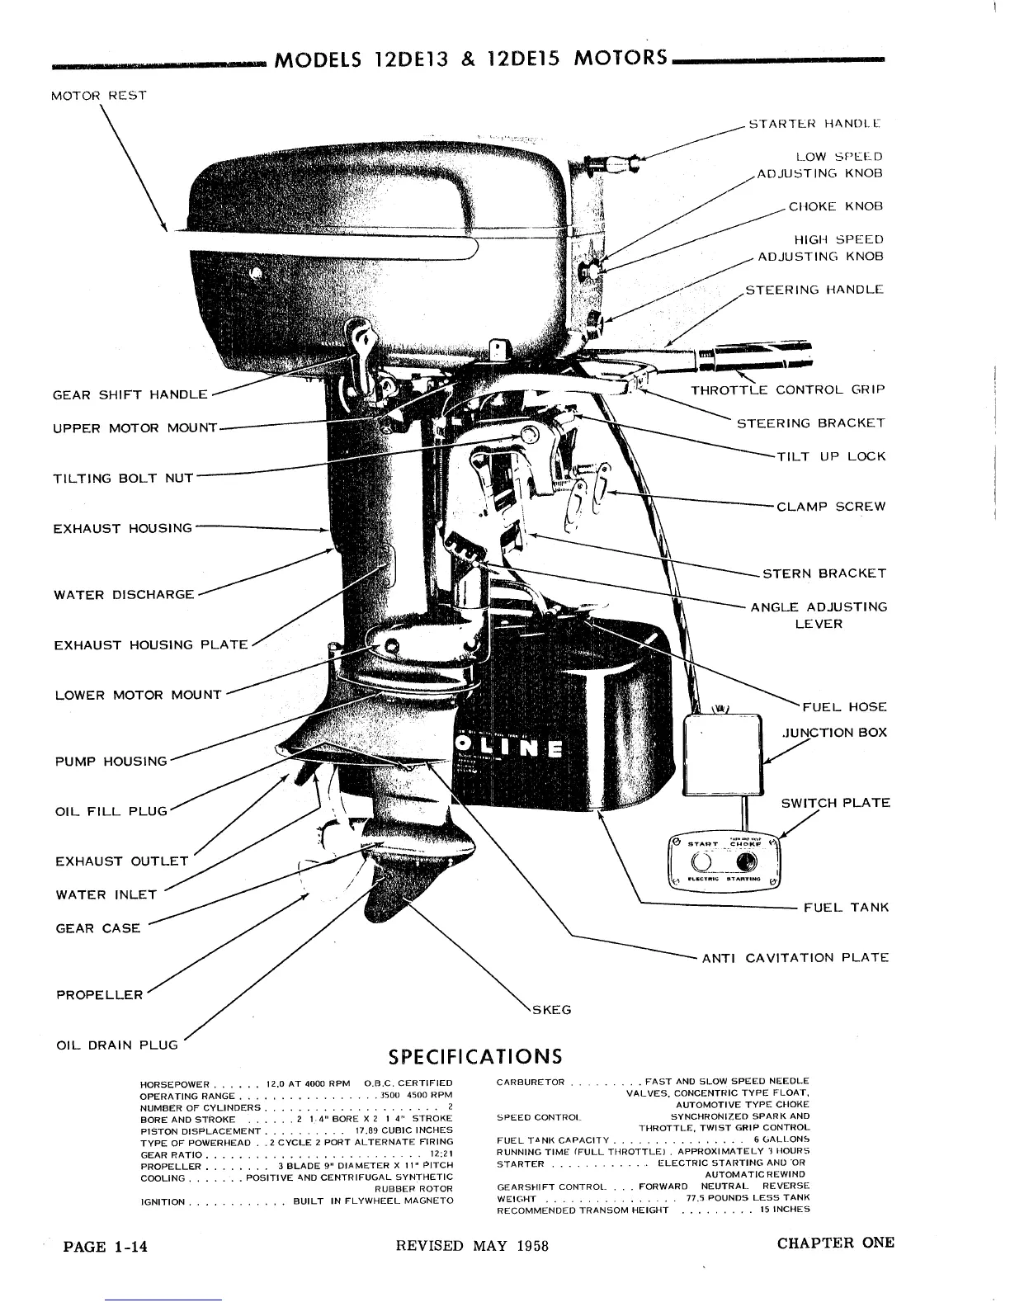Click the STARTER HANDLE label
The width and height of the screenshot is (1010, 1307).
pyautogui.click(x=814, y=124)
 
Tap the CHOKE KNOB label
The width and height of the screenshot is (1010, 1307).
pyautogui.click(x=835, y=206)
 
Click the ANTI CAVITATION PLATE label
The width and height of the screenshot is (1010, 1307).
pyautogui.click(x=795, y=958)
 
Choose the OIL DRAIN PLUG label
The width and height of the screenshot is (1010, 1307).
pyautogui.click(x=116, y=1045)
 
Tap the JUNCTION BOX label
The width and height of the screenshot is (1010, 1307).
pyautogui.click(x=834, y=732)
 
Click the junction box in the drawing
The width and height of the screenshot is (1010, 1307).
pyautogui.click(x=724, y=753)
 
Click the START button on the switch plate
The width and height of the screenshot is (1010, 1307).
pyautogui.click(x=701, y=862)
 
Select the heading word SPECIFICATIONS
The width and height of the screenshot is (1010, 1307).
pyautogui.click(x=475, y=1057)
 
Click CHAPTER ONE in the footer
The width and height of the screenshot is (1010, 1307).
pyautogui.click(x=835, y=1243)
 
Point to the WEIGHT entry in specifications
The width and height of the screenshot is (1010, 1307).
pyautogui.click(x=517, y=1198)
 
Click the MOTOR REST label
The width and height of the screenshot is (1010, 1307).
pyautogui.click(x=98, y=95)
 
